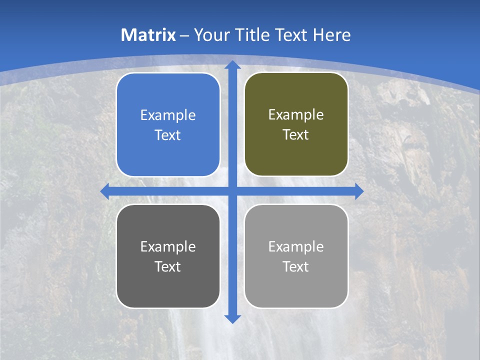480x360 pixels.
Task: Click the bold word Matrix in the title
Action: [x=148, y=35]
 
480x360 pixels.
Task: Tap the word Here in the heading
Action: [x=331, y=35]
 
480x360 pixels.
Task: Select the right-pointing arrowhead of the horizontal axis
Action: [x=358, y=191]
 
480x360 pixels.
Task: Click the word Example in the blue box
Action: [x=168, y=115]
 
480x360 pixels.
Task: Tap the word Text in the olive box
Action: [x=296, y=135]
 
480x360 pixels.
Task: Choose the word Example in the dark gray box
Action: [x=168, y=247]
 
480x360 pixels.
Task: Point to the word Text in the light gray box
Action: [x=296, y=267]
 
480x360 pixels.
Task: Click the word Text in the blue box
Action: [x=168, y=135]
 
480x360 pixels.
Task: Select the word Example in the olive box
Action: [x=296, y=115]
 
